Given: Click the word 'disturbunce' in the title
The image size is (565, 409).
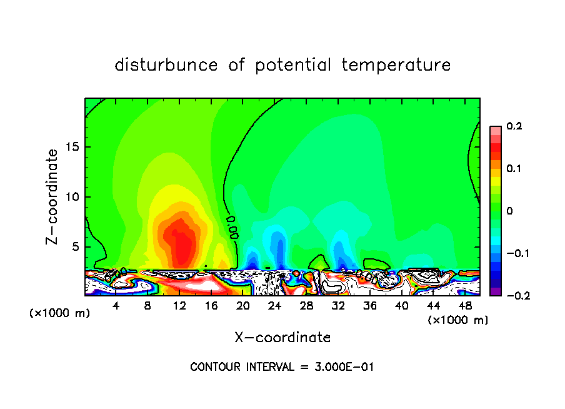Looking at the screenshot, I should pos(166,65).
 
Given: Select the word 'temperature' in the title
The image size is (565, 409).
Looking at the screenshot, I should pos(396,65).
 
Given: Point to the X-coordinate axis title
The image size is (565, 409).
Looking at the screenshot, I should pos(282,337).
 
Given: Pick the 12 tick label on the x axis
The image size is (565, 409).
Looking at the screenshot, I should pos(180,306).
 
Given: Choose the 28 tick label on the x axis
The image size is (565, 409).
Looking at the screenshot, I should pos(306,306).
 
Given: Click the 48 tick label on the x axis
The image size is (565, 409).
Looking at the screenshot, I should pos(464,306).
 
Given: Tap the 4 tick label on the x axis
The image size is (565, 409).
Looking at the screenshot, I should pos(116,306).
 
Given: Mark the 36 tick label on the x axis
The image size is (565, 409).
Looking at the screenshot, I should pos(369,306).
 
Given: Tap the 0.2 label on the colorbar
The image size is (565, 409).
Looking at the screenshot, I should pos(514,126).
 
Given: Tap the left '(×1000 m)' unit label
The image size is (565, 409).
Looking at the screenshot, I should pos(59,313).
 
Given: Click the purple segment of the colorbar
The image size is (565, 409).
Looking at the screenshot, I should pos(495,291).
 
